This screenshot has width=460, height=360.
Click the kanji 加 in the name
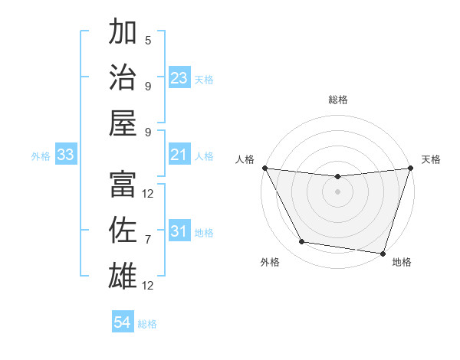(x=123, y=33)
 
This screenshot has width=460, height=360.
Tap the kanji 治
(x=123, y=77)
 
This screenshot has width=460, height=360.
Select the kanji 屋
(x=123, y=122)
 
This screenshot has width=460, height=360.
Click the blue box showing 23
(x=179, y=78)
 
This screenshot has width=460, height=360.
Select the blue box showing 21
(x=179, y=155)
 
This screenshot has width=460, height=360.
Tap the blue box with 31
(x=179, y=231)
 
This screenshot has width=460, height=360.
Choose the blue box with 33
(x=66, y=155)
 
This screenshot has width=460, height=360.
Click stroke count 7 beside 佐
(x=148, y=240)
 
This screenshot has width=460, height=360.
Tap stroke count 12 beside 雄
(x=148, y=285)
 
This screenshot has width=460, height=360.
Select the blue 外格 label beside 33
(x=41, y=156)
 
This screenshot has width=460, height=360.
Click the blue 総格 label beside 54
(x=147, y=324)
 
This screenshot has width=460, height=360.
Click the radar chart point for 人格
(x=264, y=168)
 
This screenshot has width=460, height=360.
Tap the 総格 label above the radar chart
(x=338, y=100)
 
